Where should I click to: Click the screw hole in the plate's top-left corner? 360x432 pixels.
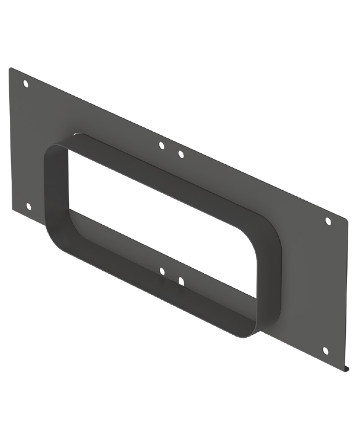pyautogui.click(x=25, y=83)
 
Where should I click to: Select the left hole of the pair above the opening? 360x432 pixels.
pyautogui.click(x=161, y=146)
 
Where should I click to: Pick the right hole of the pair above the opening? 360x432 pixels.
pyautogui.click(x=180, y=153)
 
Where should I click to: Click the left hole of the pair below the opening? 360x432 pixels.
pyautogui.click(x=162, y=270)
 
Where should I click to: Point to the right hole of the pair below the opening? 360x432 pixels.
pyautogui.click(x=181, y=281)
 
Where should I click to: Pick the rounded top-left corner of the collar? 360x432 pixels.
pyautogui.click(x=52, y=151)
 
